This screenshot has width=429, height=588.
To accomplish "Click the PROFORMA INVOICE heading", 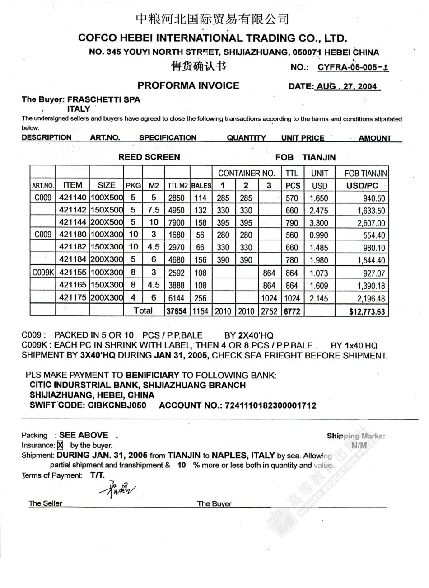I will pyautogui.click(x=188, y=85).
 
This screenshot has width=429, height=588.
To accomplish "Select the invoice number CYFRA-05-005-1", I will pyautogui.click(x=353, y=67).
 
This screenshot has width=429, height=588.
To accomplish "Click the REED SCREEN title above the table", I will pyautogui.click(x=149, y=157).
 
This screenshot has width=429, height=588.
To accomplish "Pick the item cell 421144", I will pyautogui.click(x=73, y=223).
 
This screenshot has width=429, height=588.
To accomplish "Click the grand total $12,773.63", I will pyautogui.click(x=367, y=311).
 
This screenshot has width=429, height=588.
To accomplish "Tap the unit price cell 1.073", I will pyautogui.click(x=319, y=273).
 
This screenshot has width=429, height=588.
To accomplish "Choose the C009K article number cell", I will pyautogui.click(x=43, y=273).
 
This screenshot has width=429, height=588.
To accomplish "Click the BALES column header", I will pyautogui.click(x=201, y=186).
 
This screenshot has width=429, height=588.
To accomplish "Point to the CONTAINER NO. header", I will pyautogui.click(x=246, y=173).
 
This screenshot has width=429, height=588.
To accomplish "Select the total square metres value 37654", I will pyautogui.click(x=177, y=311).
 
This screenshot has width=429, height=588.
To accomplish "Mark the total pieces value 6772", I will pyautogui.click(x=292, y=311).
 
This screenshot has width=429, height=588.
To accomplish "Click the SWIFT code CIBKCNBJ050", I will pyautogui.click(x=117, y=405).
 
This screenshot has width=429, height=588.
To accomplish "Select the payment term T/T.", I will pyautogui.click(x=97, y=475).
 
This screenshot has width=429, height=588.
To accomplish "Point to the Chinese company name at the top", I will pyautogui.click(x=212, y=19).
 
